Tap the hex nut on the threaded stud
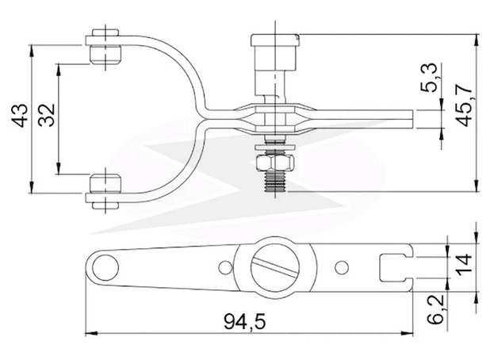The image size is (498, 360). (274, 163)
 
